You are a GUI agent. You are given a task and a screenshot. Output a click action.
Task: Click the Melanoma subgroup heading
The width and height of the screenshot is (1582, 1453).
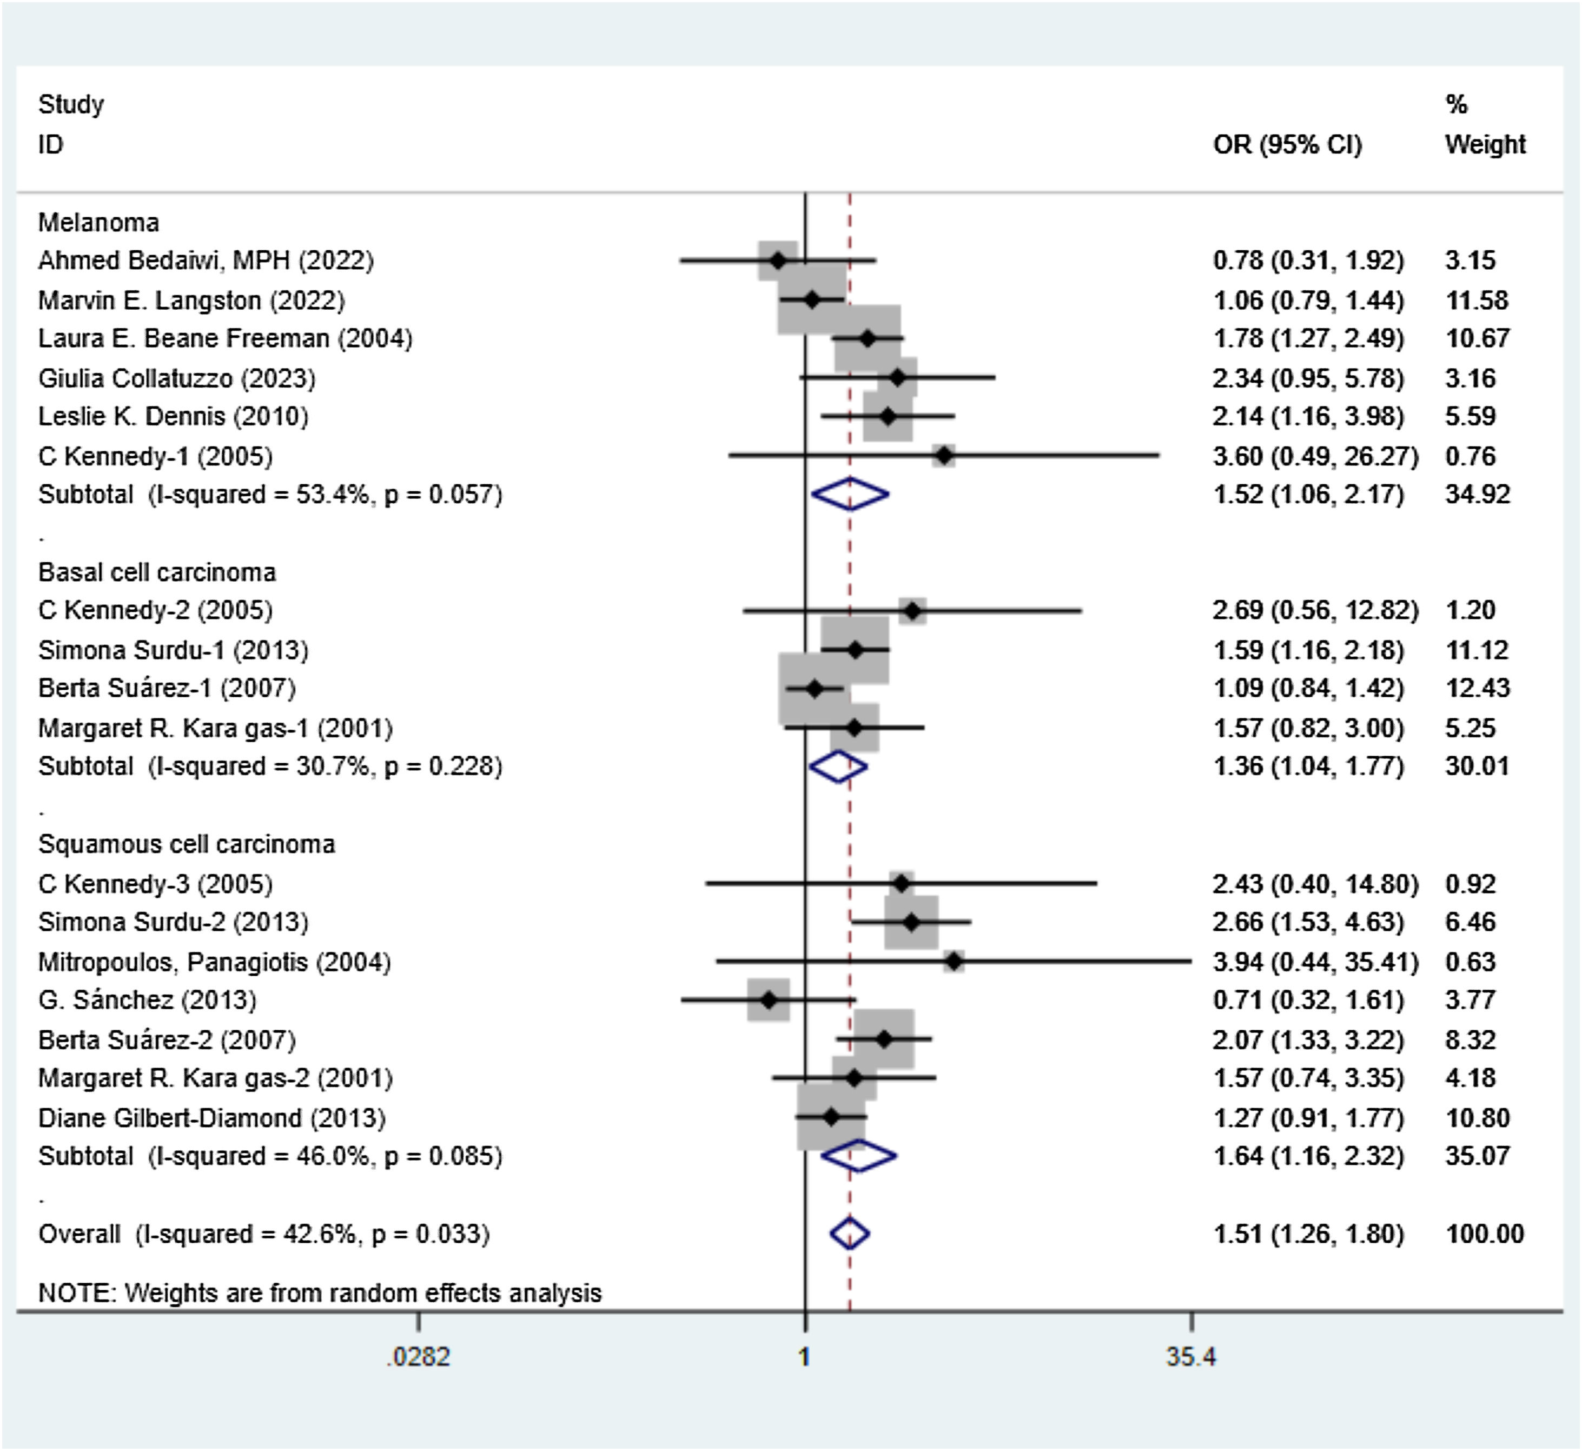[98, 223]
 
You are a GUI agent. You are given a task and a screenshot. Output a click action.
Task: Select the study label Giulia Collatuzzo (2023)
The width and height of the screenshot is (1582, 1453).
[176, 378]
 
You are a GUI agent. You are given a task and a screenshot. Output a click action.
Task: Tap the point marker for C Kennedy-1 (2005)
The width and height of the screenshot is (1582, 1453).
[944, 455]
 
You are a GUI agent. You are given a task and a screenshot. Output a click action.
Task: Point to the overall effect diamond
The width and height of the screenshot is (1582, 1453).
[850, 1234]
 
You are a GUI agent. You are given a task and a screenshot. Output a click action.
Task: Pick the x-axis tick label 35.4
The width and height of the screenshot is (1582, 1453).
[1191, 1356]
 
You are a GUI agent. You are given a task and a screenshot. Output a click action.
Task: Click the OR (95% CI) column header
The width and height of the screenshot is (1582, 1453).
[1287, 145]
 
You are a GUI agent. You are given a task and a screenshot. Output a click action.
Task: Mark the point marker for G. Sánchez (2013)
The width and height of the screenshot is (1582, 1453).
[769, 1000]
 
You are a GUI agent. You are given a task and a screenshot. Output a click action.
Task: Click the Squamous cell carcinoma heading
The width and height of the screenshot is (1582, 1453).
[187, 844]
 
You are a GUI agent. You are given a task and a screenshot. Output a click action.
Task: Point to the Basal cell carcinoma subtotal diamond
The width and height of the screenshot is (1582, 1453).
[838, 767]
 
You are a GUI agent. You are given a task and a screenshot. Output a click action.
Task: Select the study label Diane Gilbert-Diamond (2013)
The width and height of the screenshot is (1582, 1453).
[211, 1118]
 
